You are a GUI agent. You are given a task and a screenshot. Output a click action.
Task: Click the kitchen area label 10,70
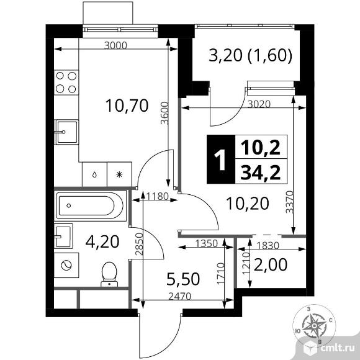click(x=127, y=106)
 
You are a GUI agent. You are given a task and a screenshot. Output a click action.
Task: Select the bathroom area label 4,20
click(x=102, y=241)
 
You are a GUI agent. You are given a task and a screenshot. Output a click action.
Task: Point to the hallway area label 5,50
click(x=183, y=279)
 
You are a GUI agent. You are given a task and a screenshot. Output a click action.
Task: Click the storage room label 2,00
click(x=271, y=264)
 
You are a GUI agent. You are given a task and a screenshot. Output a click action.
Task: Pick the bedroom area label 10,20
click(x=248, y=204)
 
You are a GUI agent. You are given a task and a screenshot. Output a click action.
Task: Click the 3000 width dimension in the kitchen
click(x=115, y=45)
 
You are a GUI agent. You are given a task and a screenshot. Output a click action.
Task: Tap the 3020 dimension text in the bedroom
click(x=259, y=104)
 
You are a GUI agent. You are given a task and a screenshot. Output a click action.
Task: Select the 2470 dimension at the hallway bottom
click(x=180, y=297)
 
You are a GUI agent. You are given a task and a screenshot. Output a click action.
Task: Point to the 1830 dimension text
click(x=268, y=246)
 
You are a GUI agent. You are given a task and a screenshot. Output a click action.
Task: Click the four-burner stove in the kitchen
click(x=66, y=82)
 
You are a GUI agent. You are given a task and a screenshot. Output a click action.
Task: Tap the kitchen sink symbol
click(x=67, y=132)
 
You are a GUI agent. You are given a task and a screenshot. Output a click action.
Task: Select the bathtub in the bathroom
click(x=90, y=205)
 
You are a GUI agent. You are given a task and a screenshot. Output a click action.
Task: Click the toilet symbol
click(x=109, y=274)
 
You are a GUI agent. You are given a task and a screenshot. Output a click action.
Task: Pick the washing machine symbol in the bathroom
click(x=66, y=265)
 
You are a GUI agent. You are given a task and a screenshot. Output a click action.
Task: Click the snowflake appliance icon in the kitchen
click(x=119, y=174)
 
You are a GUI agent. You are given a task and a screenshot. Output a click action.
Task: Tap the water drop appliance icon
click(x=94, y=174)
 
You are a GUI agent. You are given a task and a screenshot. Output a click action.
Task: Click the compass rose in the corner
click(x=314, y=326)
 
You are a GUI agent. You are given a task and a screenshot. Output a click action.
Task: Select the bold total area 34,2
click(x=261, y=173)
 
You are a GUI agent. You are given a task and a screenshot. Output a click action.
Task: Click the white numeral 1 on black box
click(x=220, y=159)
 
